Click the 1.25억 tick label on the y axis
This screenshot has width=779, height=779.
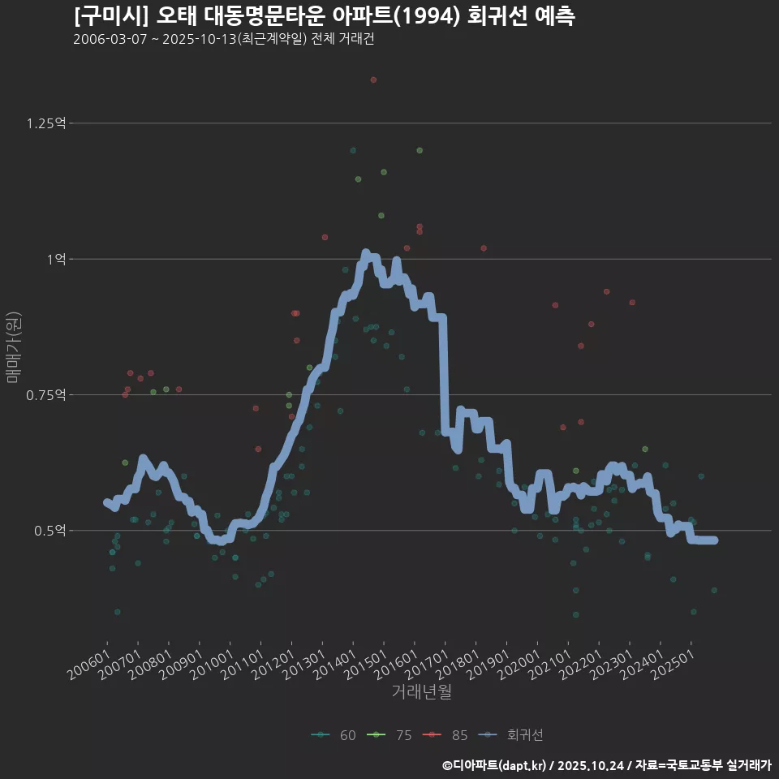coord(46,123)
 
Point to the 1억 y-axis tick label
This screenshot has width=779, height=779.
coord(56,260)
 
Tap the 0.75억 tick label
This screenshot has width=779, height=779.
coord(46,395)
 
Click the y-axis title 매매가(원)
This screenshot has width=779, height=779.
coord(13,347)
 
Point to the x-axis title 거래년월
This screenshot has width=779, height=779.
coord(421,691)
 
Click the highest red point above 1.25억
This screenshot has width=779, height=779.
coord(373,80)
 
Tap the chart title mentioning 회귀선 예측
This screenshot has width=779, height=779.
coord(324,16)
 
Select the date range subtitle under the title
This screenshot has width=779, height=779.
coord(223,40)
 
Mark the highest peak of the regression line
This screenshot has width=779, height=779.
coord(365,253)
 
